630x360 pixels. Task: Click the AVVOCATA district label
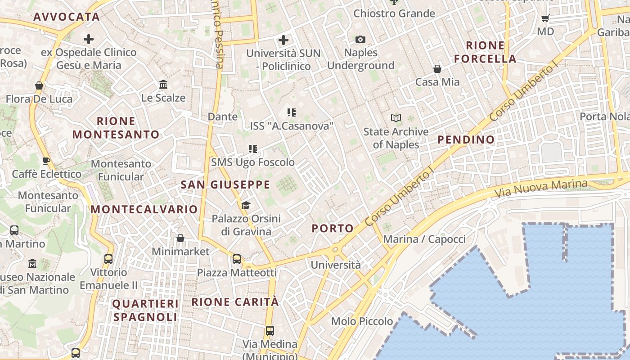66,17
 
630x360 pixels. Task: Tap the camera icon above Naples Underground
360,40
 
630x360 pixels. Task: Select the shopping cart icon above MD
545,18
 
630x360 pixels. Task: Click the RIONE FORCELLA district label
485,52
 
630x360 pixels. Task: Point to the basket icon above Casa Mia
437,69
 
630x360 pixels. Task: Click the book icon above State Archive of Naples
396,118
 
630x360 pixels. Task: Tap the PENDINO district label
466,139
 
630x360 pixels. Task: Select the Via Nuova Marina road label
541,188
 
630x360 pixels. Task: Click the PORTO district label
333,228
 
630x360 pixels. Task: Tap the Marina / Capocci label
424,239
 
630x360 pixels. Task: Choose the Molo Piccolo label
362,321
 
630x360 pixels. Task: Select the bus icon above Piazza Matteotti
236,259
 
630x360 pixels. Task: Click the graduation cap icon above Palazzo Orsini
245,205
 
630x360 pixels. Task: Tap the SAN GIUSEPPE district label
225,184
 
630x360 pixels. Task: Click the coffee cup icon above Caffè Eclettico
46,161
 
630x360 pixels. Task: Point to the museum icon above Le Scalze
163,85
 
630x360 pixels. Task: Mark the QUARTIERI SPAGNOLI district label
145,310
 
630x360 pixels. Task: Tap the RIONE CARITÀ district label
235,302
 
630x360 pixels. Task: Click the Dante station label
222,117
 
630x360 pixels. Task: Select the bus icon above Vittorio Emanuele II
108,259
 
